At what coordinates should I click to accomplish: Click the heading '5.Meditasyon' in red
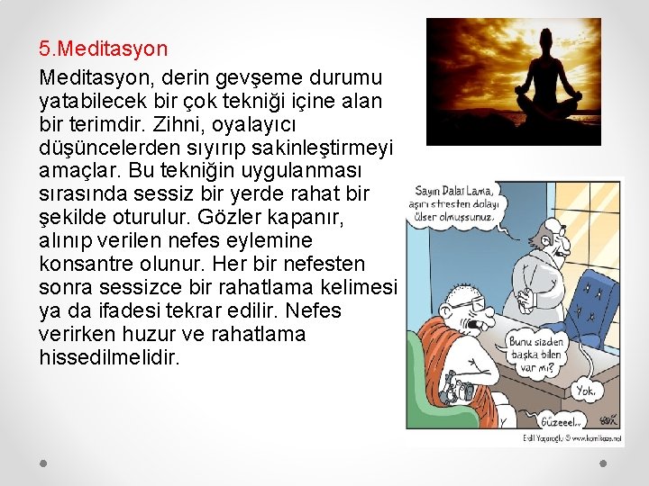(x=103, y=48)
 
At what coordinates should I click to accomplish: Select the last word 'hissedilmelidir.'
(x=110, y=358)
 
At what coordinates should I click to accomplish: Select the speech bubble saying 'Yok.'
(x=587, y=391)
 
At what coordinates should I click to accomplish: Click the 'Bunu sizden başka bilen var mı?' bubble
(x=538, y=350)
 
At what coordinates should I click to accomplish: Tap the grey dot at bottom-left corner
(x=44, y=463)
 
